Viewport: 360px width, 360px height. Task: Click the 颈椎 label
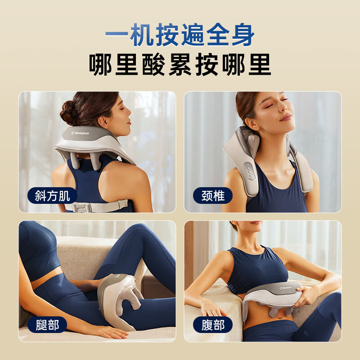click(x=213, y=196)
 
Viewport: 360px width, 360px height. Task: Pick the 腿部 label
click(x=47, y=324)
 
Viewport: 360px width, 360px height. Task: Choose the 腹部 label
click(x=213, y=324)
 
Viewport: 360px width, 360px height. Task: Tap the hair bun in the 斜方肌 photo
click(x=70, y=112)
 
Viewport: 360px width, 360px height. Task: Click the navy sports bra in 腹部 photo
click(x=256, y=270)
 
